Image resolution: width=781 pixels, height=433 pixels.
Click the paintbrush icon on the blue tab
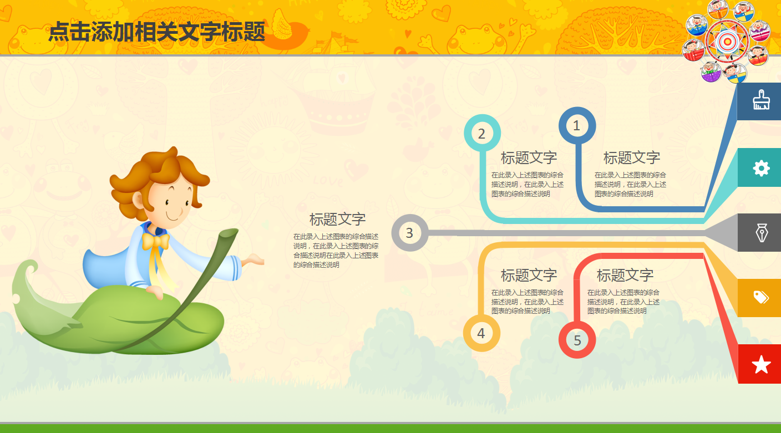click(761, 100)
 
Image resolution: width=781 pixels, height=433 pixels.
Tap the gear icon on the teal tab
click(761, 169)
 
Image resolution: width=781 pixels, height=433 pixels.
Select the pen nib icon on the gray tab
click(762, 232)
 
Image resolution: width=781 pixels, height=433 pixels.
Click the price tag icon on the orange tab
click(761, 297)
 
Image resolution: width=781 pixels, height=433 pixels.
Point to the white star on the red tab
click(761, 365)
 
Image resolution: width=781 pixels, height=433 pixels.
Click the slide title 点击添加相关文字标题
click(157, 32)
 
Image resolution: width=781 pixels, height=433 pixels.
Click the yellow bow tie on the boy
click(156, 241)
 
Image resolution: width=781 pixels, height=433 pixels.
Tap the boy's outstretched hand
click(254, 260)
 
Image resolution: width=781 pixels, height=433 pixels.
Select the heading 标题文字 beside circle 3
click(337, 220)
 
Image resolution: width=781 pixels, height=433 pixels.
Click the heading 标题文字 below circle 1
click(632, 157)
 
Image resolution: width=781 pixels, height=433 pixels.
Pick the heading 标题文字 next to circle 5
click(625, 275)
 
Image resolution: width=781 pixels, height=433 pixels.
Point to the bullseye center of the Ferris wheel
click(727, 42)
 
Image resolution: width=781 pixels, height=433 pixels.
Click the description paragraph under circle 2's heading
click(528, 185)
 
